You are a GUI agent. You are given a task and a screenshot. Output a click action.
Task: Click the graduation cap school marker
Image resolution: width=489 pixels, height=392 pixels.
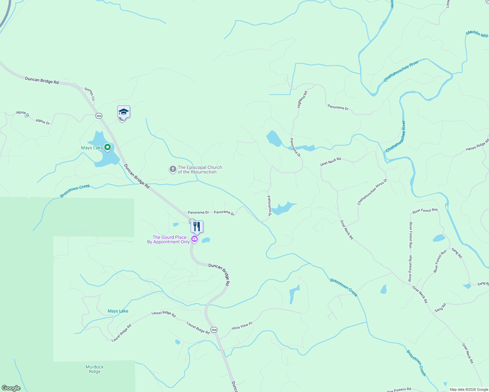pos(124,112)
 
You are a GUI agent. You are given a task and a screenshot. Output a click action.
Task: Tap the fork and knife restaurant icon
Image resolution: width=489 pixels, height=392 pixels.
pos(197,226)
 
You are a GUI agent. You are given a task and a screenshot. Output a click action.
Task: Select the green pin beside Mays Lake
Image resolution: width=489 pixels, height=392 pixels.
pos(107,148)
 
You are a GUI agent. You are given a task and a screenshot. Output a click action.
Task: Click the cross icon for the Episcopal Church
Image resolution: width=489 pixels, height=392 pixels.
pos(173,169)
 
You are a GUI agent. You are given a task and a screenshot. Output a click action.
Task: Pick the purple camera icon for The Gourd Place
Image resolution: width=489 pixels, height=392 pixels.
pos(194,239)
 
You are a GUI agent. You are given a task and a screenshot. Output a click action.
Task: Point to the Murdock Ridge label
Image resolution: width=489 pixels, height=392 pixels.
pos(95,369)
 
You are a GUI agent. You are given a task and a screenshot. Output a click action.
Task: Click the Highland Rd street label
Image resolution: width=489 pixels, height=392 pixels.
pos(302,99)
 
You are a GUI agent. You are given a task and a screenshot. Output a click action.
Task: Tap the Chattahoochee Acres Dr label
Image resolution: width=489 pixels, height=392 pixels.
pos(372,192)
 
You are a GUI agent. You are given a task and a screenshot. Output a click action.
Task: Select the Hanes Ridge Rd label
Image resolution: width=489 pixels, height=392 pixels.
pos(477,145)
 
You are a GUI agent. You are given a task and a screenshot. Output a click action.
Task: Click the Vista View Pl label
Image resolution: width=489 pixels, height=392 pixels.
pos(242,326)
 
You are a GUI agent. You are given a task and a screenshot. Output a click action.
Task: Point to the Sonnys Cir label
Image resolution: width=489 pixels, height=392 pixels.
pos(90,94)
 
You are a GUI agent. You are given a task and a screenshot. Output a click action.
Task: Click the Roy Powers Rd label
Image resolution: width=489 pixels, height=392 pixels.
pos(399,390)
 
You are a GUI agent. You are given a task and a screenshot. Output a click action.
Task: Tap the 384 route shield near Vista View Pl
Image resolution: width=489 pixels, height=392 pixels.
pos(214,330)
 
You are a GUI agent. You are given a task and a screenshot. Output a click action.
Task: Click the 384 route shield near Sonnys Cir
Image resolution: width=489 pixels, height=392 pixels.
pos(99,116)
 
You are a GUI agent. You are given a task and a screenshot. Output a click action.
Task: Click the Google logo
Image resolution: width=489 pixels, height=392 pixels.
pos(11,388)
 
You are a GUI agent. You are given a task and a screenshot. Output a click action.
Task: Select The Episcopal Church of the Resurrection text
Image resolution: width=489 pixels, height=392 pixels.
pos(199,170)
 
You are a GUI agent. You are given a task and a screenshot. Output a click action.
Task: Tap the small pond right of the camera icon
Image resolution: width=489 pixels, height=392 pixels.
pos(206,240)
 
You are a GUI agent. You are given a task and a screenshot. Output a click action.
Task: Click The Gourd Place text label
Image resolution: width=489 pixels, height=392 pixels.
pos(169,239)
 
